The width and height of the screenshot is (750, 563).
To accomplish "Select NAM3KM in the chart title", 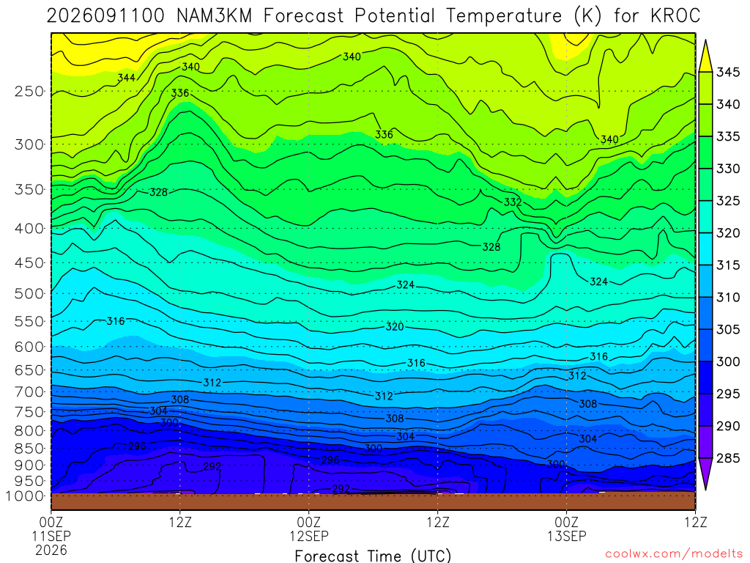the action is (214, 16).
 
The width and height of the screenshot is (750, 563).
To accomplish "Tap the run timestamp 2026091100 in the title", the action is (105, 16).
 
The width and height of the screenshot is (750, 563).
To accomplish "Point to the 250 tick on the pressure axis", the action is (29, 91).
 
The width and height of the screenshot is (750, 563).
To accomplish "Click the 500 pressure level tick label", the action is (29, 293).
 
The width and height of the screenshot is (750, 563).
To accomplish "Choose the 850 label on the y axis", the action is (29, 449).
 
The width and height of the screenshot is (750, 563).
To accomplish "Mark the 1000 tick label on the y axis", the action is (25, 496).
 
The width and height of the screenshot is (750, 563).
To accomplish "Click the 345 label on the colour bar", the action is (728, 73).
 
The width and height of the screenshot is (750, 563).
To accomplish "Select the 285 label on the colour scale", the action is (728, 458).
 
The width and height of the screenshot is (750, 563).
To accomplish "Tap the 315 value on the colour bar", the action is (728, 265).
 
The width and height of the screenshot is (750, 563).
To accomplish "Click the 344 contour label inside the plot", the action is (126, 78).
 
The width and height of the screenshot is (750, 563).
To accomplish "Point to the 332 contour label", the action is (512, 202).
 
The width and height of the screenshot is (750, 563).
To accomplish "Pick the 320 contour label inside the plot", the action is (395, 326).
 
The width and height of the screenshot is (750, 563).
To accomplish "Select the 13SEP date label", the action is (567, 536).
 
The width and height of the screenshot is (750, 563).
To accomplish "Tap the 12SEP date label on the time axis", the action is (309, 536).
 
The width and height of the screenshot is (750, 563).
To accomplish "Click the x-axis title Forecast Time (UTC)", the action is (373, 556).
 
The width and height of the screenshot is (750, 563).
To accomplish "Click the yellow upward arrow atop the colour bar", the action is (705, 56).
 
